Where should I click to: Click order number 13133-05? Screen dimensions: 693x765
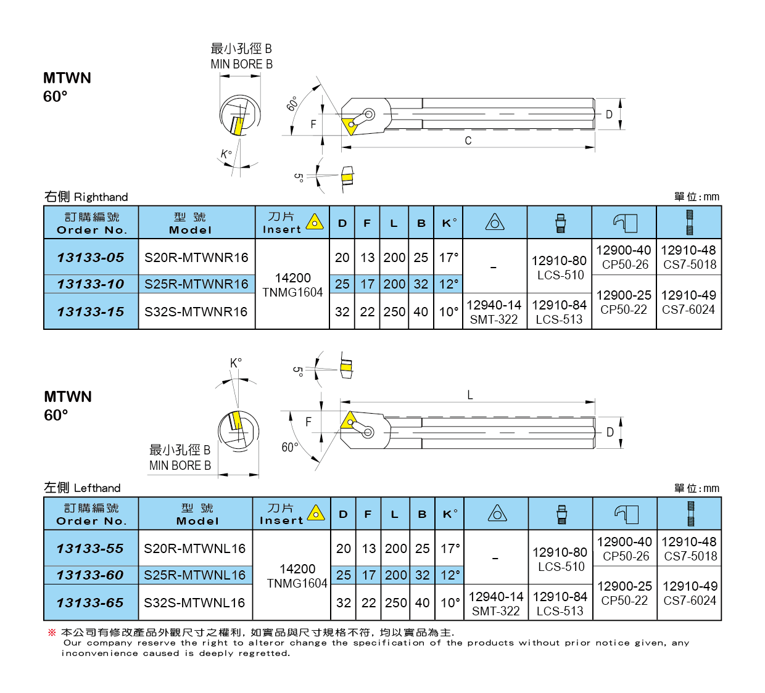pyautogui.click(x=91, y=257)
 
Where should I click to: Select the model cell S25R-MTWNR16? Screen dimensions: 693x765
pyautogui.click(x=196, y=284)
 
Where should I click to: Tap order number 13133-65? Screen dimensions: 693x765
pyautogui.click(x=90, y=602)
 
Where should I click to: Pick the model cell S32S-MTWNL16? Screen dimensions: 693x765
pyautogui.click(x=194, y=602)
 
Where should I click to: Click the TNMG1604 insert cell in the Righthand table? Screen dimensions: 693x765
pyautogui.click(x=292, y=285)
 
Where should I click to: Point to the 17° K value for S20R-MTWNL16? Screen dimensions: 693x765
pyautogui.click(x=450, y=548)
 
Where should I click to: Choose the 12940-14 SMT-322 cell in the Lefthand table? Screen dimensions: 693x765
pyautogui.click(x=496, y=604)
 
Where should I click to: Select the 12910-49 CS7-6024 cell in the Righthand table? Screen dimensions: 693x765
pyautogui.click(x=688, y=302)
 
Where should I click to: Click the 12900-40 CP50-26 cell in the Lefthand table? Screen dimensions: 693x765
pyautogui.click(x=624, y=549)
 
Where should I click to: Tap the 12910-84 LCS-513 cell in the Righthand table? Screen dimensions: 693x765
pyautogui.click(x=559, y=312)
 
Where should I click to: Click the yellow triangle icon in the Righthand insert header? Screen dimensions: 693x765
pyautogui.click(x=315, y=221)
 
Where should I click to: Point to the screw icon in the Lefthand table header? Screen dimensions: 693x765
pyautogui.click(x=561, y=514)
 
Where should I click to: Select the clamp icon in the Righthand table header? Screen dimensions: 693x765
pyautogui.click(x=625, y=223)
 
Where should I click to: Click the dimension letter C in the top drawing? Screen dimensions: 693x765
pyautogui.click(x=468, y=141)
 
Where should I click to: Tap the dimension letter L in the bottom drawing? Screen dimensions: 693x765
pyautogui.click(x=470, y=395)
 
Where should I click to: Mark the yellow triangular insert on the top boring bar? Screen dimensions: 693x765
pyautogui.click(x=349, y=123)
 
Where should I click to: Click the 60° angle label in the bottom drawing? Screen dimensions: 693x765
pyautogui.click(x=289, y=447)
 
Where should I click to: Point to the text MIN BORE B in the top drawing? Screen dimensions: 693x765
pyautogui.click(x=241, y=64)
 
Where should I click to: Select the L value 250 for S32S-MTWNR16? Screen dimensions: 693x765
pyautogui.click(x=394, y=311)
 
